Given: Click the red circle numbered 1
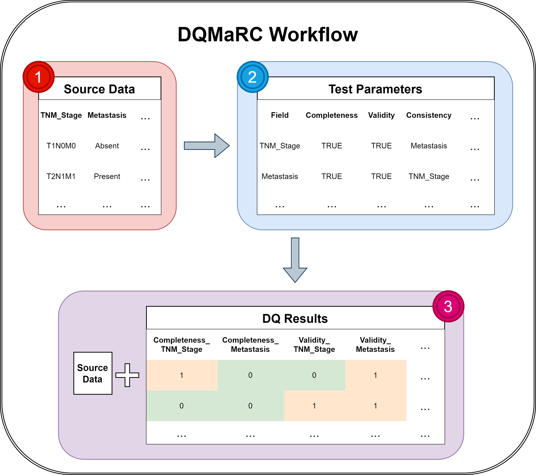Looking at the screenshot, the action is pyautogui.click(x=39, y=77).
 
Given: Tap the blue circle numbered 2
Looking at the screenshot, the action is pyautogui.click(x=253, y=77).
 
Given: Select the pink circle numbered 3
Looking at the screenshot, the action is pyautogui.click(x=448, y=306).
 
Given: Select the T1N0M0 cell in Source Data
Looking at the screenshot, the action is pyautogui.click(x=61, y=146).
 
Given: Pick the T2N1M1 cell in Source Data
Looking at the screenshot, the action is pyautogui.click(x=61, y=176).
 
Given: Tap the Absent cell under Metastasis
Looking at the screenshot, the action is pyautogui.click(x=107, y=146).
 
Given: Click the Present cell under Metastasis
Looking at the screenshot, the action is pyautogui.click(x=107, y=176).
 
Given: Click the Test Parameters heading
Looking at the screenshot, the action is pyautogui.click(x=375, y=89).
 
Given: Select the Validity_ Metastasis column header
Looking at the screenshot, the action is pyautogui.click(x=375, y=345).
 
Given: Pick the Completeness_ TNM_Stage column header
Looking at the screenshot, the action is pyautogui.click(x=181, y=345).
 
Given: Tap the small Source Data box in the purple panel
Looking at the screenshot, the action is pyautogui.click(x=93, y=373).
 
